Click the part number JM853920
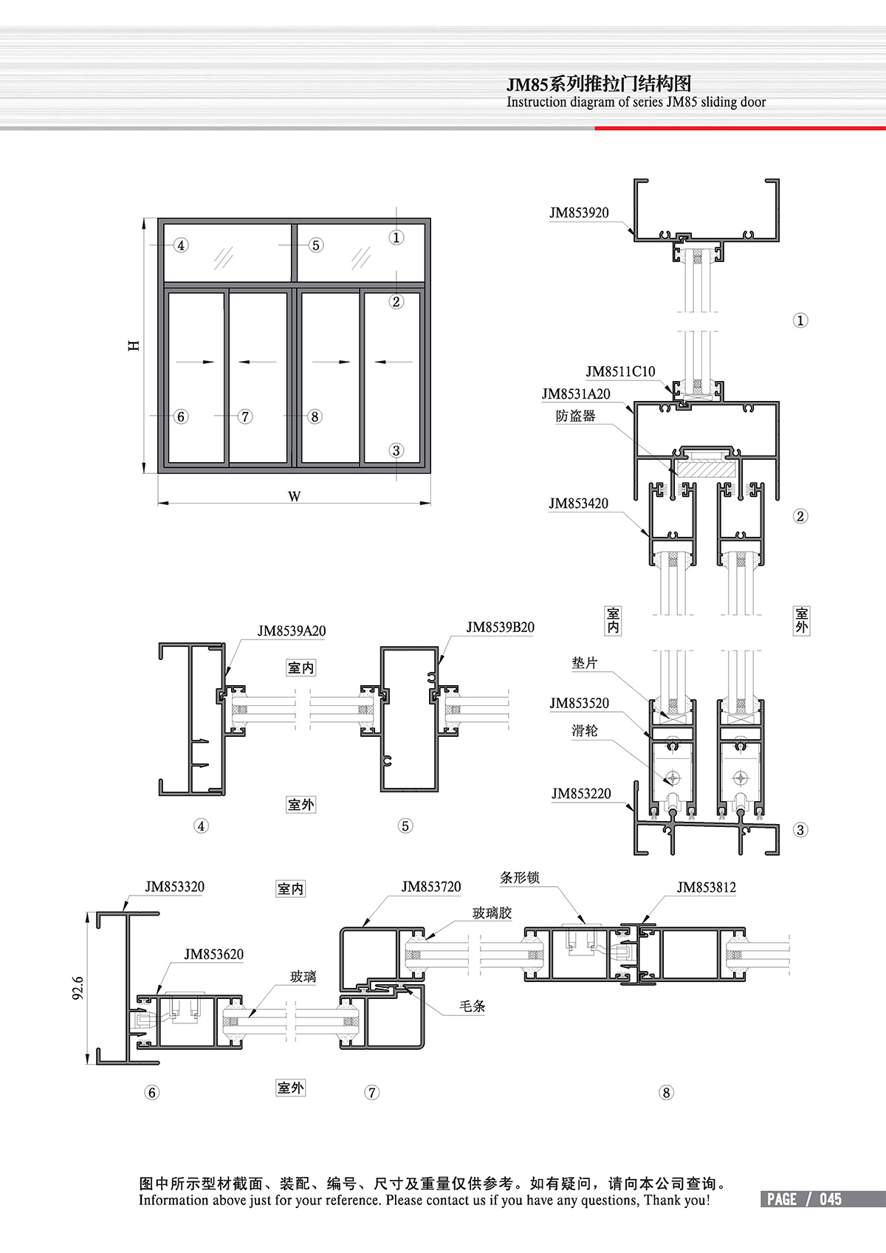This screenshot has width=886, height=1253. [x=579, y=213]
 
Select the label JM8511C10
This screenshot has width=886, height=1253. [x=620, y=371]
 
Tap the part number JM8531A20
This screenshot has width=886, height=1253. [x=576, y=394]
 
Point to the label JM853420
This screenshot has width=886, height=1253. [x=578, y=504]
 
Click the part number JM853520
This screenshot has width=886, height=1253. [x=579, y=703]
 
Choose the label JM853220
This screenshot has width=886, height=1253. [x=581, y=793]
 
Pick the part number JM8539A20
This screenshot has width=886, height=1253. [x=292, y=631]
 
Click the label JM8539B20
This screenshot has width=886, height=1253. [x=501, y=627]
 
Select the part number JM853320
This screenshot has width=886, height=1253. [x=174, y=887]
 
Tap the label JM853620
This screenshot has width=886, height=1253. [x=213, y=954]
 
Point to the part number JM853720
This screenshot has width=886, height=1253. [x=431, y=887]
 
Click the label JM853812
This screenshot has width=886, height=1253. [x=707, y=888]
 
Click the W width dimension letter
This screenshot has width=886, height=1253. [x=294, y=496]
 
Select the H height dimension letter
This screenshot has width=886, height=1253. [x=134, y=345]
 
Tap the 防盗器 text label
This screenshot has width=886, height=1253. [x=576, y=416]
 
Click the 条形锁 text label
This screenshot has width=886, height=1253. [x=520, y=878]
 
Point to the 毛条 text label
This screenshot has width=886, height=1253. [x=472, y=1006]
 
